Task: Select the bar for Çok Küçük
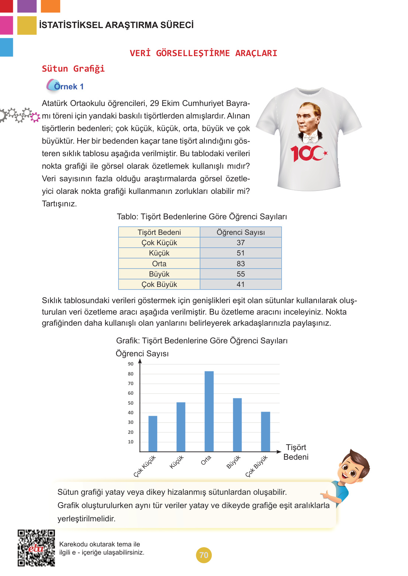tap(153, 433)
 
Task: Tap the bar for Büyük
tap(237, 425)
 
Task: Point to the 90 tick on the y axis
tap(131, 364)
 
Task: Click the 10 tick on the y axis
tap(131, 442)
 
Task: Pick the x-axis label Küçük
tap(177, 462)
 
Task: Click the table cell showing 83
tap(241, 264)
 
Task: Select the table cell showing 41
tap(241, 285)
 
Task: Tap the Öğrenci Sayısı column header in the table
tap(241, 232)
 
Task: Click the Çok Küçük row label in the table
tap(159, 243)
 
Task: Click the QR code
tap(36, 548)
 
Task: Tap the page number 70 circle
tap(204, 555)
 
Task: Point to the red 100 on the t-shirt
tap(308, 153)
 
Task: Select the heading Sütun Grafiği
tap(73, 69)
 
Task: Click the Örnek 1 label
tap(69, 86)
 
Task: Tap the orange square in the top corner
tap(50, 6)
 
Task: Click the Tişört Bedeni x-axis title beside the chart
tap(296, 452)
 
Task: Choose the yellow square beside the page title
tap(27, 25)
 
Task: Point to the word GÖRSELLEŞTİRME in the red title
tap(193, 53)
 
